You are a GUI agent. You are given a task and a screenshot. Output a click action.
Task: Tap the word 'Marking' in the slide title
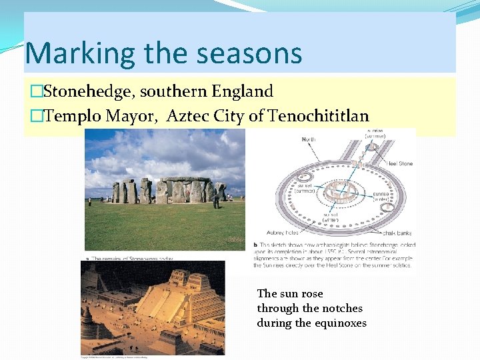coord(71,53)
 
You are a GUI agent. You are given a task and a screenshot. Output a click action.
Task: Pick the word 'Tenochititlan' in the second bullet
coord(319,116)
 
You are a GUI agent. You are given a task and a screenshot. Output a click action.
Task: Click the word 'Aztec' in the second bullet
coord(189,116)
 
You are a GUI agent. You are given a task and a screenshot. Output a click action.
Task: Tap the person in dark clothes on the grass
coord(216,200)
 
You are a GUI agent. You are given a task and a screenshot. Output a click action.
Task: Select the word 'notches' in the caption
coord(341,308)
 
